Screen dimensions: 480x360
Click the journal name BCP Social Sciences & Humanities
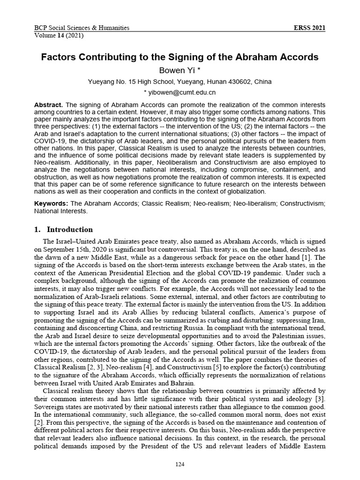[x=82, y=28]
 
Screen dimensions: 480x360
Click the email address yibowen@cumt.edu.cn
[x=182, y=93]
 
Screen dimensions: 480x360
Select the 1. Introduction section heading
[x=64, y=230]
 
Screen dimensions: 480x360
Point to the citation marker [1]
[x=306, y=257]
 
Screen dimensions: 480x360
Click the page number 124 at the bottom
[x=180, y=465]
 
